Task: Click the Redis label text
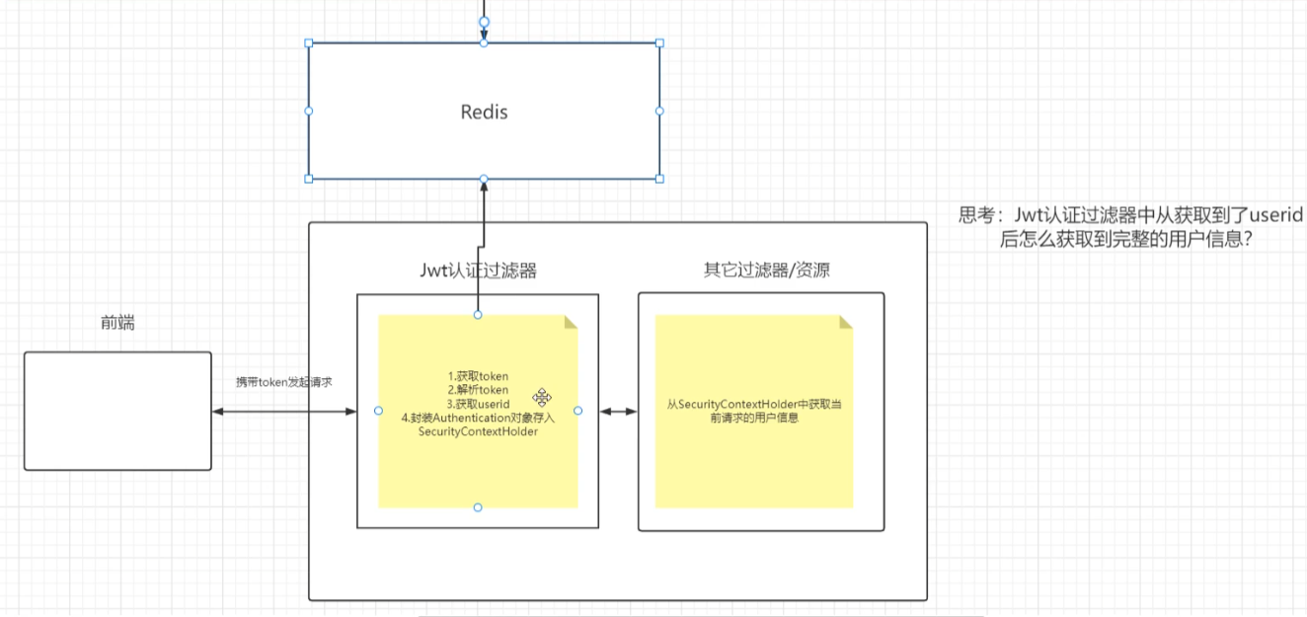[x=484, y=112]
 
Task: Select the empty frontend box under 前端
[x=117, y=411]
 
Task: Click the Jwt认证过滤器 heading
[x=478, y=270]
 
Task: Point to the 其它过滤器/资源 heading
[x=760, y=270]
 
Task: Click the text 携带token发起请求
[x=283, y=382]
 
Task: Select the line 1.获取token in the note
[x=478, y=376]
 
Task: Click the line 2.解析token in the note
[x=478, y=390]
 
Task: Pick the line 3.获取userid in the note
[x=478, y=404]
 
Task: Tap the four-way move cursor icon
[x=542, y=397]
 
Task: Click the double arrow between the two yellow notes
[x=618, y=411]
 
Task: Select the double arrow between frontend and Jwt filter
[x=283, y=411]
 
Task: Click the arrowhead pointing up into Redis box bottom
[x=484, y=187]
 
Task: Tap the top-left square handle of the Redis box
[x=309, y=43]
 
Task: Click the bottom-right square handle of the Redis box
[x=659, y=179]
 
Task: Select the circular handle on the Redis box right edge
[x=659, y=111]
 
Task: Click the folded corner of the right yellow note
[x=846, y=322]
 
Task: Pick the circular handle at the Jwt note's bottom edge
[x=478, y=507]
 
